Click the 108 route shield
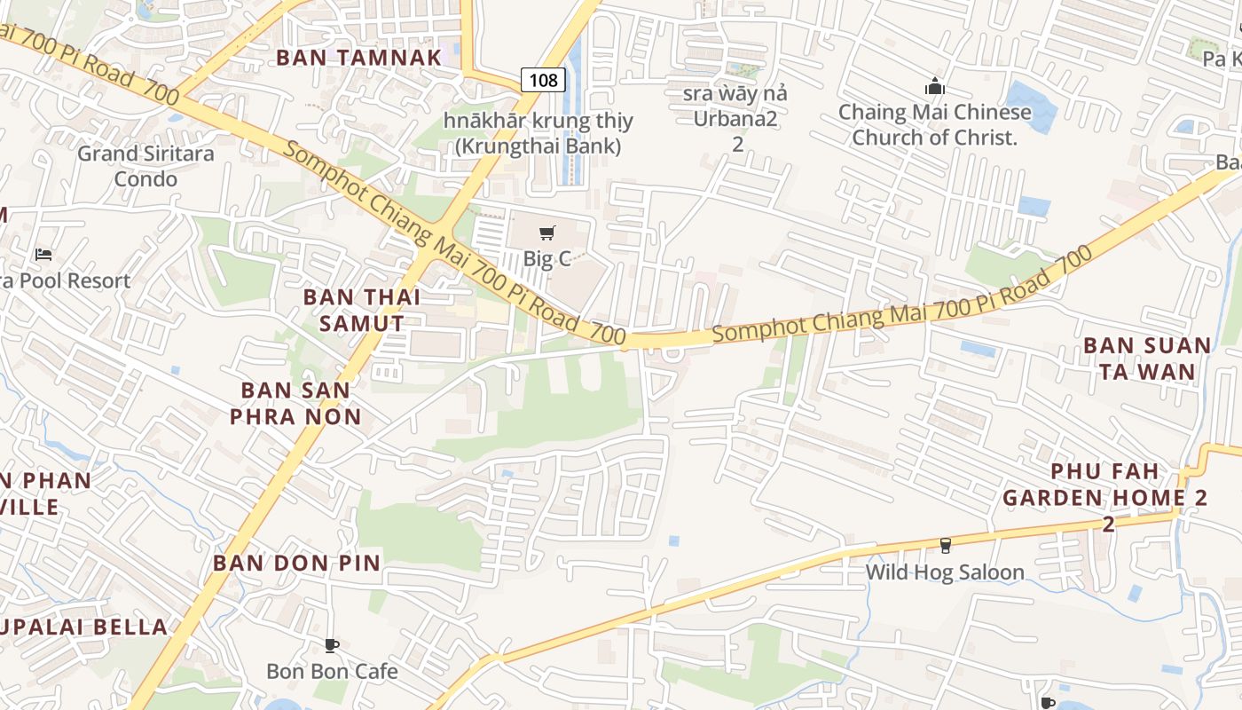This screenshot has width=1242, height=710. pyautogui.click(x=543, y=81)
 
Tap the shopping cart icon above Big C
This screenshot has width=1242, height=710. pyautogui.click(x=547, y=233)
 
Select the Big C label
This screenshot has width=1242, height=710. pyautogui.click(x=547, y=259)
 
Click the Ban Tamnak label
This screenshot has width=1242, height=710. pyautogui.click(x=358, y=58)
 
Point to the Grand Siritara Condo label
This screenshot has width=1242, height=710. pyautogui.click(x=145, y=166)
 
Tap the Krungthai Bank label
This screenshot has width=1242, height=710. pyautogui.click(x=538, y=133)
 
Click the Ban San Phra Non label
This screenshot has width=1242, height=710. pyautogui.click(x=296, y=403)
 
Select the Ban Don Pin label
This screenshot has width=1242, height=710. pyautogui.click(x=296, y=563)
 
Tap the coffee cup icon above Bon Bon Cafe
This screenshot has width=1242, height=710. pyautogui.click(x=332, y=645)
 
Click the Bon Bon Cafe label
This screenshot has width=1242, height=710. pyautogui.click(x=332, y=671)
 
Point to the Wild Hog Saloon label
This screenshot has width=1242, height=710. pyautogui.click(x=945, y=572)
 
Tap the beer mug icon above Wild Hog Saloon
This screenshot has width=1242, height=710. pyautogui.click(x=946, y=545)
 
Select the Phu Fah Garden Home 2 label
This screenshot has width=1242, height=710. pyautogui.click(x=1105, y=497)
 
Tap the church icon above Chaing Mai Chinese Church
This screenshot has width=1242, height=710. pyautogui.click(x=934, y=87)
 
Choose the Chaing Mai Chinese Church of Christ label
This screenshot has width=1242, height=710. pyautogui.click(x=935, y=125)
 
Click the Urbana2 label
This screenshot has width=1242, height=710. pyautogui.click(x=735, y=118)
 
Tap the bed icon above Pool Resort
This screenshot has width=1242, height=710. pyautogui.click(x=43, y=255)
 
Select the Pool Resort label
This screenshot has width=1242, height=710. pyautogui.click(x=66, y=280)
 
